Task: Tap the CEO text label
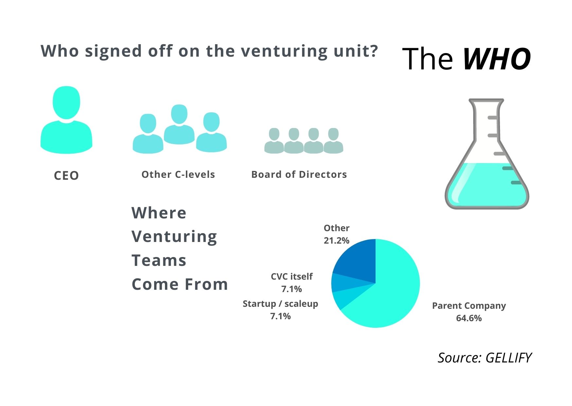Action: (66, 176)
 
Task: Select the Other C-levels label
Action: (178, 175)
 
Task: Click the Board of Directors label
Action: (299, 175)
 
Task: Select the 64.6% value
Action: (469, 318)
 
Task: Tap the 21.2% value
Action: (336, 241)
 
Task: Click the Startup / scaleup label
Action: (280, 304)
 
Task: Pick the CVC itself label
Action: (292, 277)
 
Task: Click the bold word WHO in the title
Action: (496, 59)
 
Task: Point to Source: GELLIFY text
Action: (485, 358)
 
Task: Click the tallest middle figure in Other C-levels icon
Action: (179, 124)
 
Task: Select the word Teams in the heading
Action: (159, 261)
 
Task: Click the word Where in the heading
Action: (159, 213)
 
